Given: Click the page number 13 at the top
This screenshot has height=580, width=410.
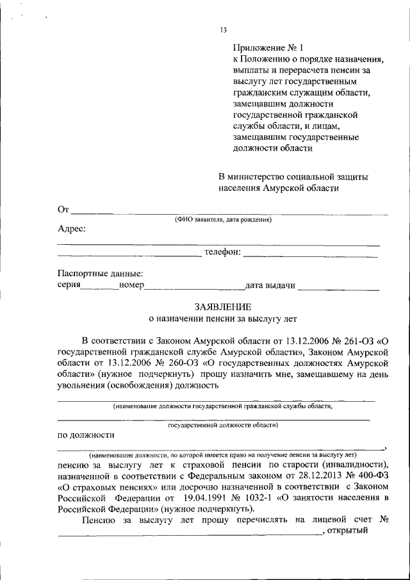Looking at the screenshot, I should (224, 29).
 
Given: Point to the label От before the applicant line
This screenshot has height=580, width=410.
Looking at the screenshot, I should (63, 210).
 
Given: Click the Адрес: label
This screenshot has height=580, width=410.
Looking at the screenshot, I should (72, 229).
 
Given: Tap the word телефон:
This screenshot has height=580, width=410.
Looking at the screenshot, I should (222, 253).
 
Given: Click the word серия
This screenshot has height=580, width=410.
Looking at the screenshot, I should (69, 286).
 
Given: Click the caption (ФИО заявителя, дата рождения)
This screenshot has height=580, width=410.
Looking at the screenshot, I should (224, 220).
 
